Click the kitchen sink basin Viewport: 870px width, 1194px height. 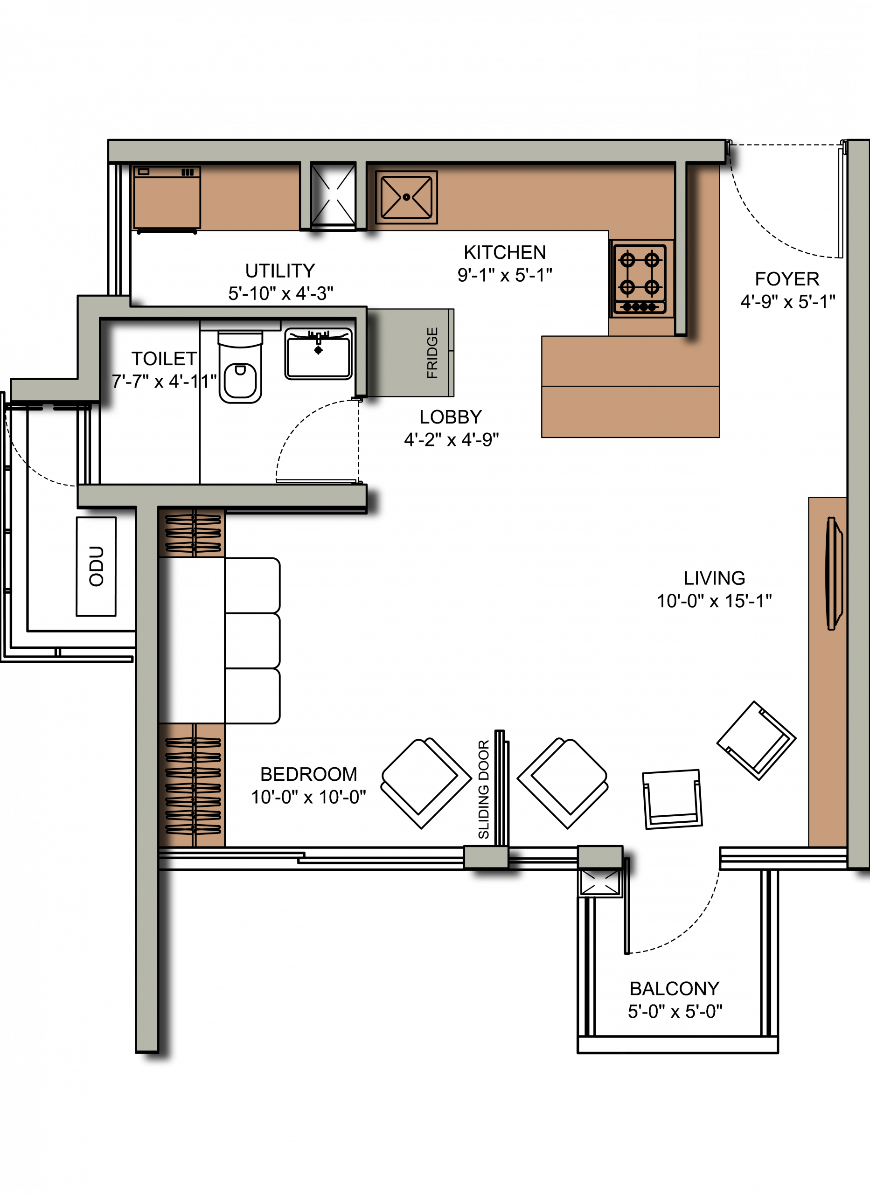point(406,197)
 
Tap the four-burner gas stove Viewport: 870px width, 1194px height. point(640,279)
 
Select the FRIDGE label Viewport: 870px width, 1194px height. point(432,353)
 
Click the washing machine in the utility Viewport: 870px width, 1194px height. point(167,199)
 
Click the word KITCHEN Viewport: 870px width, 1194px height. point(505,253)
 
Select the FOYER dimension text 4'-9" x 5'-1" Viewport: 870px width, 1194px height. point(788,302)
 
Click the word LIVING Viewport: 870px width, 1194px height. point(714,578)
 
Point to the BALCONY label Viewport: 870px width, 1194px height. point(674,989)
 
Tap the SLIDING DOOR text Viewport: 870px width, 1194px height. point(483,789)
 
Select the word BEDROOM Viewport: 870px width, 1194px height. point(309,774)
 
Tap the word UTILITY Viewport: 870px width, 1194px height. point(280,271)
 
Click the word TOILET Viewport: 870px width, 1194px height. point(164,359)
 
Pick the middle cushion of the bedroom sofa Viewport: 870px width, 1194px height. point(252,641)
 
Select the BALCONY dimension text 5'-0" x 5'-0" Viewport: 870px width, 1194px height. point(675,1011)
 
